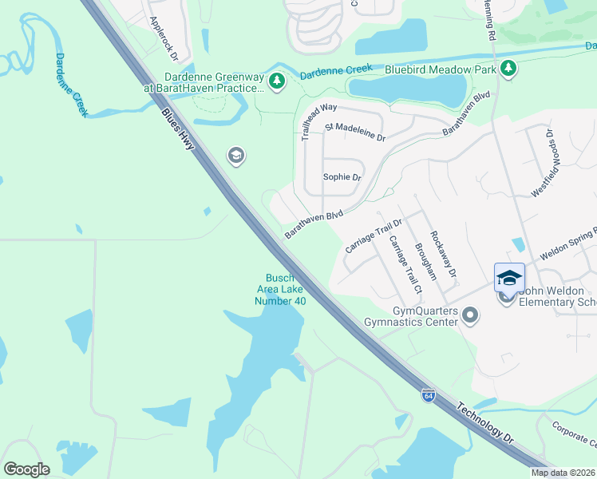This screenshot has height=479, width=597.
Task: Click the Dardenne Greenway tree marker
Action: (x=277, y=81)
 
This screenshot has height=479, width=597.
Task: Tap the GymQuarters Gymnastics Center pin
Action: (x=470, y=315)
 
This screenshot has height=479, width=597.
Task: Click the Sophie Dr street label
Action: (x=342, y=177)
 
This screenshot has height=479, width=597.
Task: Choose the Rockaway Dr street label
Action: (x=443, y=255)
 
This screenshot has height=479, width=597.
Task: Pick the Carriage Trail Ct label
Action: (x=404, y=263)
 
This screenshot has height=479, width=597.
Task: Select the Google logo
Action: (x=26, y=469)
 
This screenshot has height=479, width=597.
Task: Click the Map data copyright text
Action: (x=563, y=473)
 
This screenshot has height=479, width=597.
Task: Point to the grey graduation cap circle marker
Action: (x=235, y=155)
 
